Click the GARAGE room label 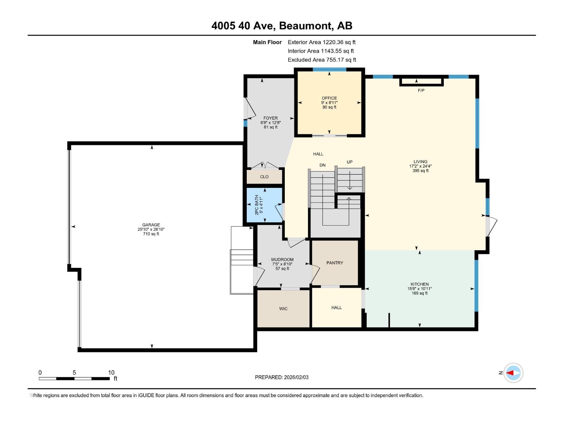[151, 225]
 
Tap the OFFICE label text [329, 98]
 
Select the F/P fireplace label [421, 91]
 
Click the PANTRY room [335, 263]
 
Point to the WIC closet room [283, 308]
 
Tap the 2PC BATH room [264, 205]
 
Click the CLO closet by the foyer [264, 177]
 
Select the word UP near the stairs [349, 162]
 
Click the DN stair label [322, 165]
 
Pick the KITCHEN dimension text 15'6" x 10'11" [419, 289]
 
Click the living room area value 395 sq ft [420, 171]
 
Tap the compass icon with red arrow [513, 373]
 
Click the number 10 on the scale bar [111, 373]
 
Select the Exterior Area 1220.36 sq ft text [321, 42]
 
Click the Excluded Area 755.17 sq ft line [322, 60]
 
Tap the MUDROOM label [282, 259]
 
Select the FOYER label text [270, 118]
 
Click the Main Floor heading [267, 42]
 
